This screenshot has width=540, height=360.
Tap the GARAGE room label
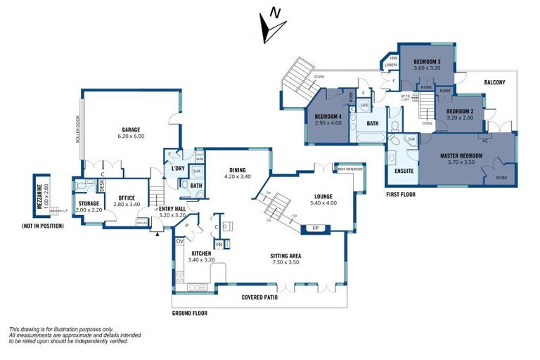pyautogui.click(x=129, y=130)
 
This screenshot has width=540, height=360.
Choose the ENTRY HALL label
pyautogui.click(x=172, y=209)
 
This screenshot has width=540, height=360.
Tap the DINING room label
pyautogui.click(x=236, y=169)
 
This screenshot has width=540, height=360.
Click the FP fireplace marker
pyautogui.click(x=314, y=229)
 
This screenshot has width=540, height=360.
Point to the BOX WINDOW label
pyautogui.click(x=350, y=169)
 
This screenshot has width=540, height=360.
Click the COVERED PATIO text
pyautogui.click(x=259, y=297)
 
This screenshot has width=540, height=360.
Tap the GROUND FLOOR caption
pyautogui.click(x=189, y=313)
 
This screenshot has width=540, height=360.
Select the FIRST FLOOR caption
pyautogui.click(x=403, y=193)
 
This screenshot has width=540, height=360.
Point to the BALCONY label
pyautogui.click(x=494, y=82)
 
